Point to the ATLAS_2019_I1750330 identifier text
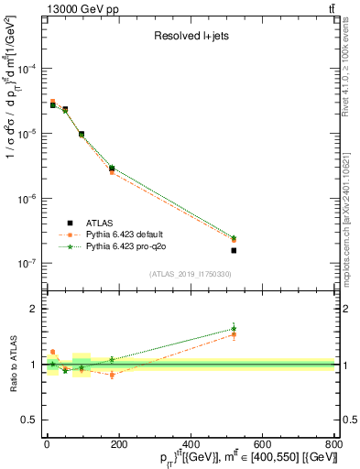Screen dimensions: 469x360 point(190,274)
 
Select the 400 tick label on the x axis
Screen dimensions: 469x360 point(190,445)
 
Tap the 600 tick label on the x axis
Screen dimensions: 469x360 point(261,445)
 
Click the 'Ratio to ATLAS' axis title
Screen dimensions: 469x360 point(12,364)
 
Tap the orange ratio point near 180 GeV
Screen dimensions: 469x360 point(112,375)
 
